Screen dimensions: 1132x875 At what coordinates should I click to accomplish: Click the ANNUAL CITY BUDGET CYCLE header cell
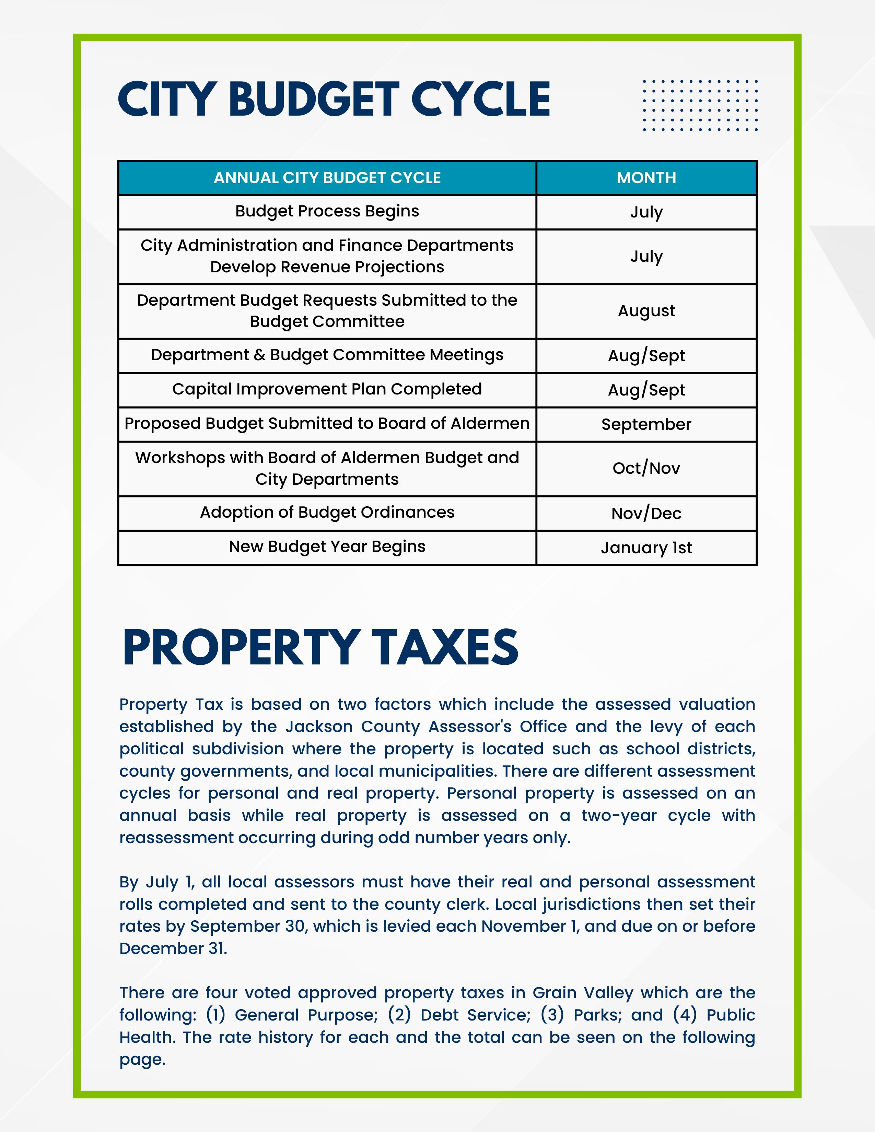coord(327,178)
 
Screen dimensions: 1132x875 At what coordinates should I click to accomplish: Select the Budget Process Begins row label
coord(327,211)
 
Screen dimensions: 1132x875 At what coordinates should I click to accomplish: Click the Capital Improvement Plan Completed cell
coord(327,389)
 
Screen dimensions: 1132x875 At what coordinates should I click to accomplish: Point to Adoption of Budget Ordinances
coord(327,512)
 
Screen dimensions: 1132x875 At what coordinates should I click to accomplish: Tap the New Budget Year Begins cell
coord(327,547)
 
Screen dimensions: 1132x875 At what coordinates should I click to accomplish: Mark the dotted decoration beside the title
coord(700,105)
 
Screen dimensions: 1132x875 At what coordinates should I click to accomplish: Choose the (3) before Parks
coord(552,1015)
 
